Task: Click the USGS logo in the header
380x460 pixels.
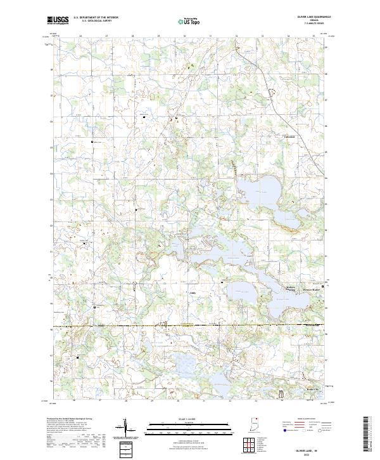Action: (x=58, y=20)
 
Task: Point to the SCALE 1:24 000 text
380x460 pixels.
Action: (x=189, y=419)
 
